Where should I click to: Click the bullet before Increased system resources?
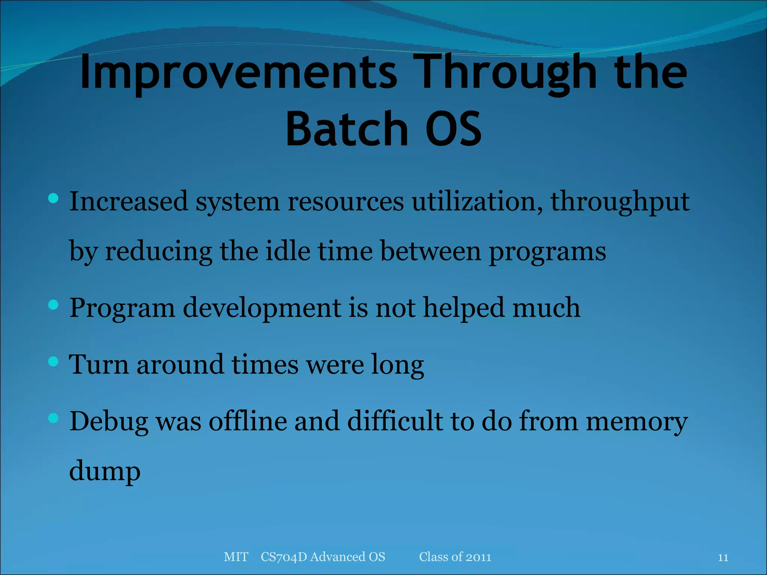pyautogui.click(x=54, y=198)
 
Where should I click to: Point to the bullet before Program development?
pyautogui.click(x=54, y=305)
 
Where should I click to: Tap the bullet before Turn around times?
pyautogui.click(x=54, y=361)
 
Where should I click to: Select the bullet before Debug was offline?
pyautogui.click(x=54, y=418)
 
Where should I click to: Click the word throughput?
pyautogui.click(x=620, y=202)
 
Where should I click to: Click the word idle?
pyautogui.click(x=288, y=251)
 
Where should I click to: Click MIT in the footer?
pyautogui.click(x=236, y=557)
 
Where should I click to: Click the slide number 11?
pyautogui.click(x=723, y=558)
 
